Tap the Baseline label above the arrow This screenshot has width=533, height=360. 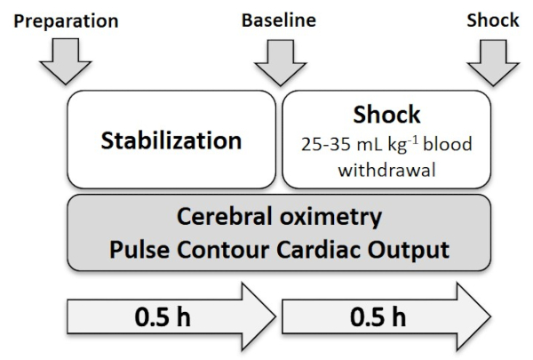point(279,20)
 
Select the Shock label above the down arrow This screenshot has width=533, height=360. point(493,20)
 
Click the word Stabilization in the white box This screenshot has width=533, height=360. point(171,140)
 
